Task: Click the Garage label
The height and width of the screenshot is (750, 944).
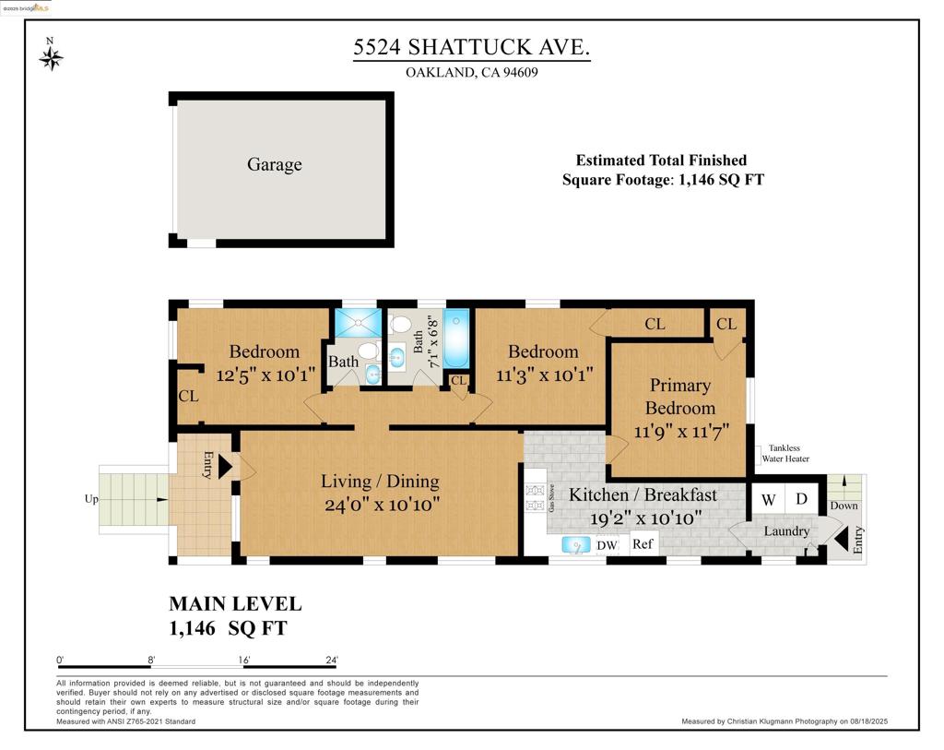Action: pyautogui.click(x=275, y=164)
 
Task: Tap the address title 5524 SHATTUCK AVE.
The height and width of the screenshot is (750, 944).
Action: pyautogui.click(x=471, y=47)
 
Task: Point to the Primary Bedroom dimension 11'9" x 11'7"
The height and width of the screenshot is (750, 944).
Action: pyautogui.click(x=681, y=432)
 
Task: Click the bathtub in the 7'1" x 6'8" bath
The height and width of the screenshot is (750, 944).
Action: pyautogui.click(x=456, y=339)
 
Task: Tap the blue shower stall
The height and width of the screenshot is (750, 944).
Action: pyautogui.click(x=359, y=323)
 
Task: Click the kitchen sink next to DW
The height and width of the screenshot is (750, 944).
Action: pyautogui.click(x=576, y=545)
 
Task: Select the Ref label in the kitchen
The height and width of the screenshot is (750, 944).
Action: pyautogui.click(x=643, y=544)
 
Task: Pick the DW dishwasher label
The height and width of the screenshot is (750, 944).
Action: pyautogui.click(x=607, y=545)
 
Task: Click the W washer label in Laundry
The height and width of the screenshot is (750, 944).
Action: pyautogui.click(x=768, y=500)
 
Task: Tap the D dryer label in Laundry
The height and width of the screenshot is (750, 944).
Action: pyautogui.click(x=801, y=499)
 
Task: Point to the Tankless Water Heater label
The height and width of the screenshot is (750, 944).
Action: pyautogui.click(x=785, y=454)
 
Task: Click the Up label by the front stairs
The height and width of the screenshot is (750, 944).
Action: pyautogui.click(x=91, y=499)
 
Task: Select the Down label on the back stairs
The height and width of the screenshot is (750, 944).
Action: pyautogui.click(x=844, y=506)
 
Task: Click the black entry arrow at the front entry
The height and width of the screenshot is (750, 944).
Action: pyautogui.click(x=225, y=467)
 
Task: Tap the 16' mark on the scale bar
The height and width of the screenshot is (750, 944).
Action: pyautogui.click(x=243, y=661)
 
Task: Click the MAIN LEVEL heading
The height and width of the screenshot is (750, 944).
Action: pyautogui.click(x=235, y=604)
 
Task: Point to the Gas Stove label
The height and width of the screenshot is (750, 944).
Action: pyautogui.click(x=551, y=498)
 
